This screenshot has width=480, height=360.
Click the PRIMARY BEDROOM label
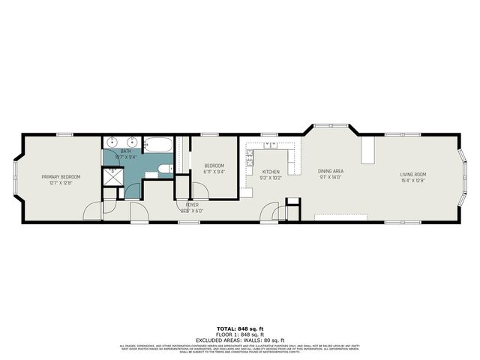click(61, 176)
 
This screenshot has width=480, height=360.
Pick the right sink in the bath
click(131, 142)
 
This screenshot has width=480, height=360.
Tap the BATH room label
click(125, 151)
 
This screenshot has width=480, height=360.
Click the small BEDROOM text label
click(214, 166)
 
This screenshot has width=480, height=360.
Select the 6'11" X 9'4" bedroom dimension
click(214, 172)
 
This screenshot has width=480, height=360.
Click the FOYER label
click(192, 204)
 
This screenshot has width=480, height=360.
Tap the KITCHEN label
click(271, 172)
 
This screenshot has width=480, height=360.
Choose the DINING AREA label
click(330, 172)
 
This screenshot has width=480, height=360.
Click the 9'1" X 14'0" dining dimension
click(330, 178)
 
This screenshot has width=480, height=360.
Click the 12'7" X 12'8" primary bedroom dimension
click(61, 182)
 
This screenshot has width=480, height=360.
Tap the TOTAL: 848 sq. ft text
click(240, 329)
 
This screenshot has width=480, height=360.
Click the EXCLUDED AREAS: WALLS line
click(240, 340)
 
